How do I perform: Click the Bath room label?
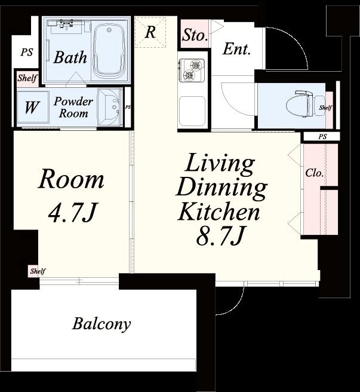pyautogui.click(x=70, y=57)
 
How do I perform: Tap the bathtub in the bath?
pyautogui.click(x=109, y=50)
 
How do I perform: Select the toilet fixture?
pyautogui.click(x=305, y=103)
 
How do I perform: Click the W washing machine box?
pyautogui.click(x=33, y=107)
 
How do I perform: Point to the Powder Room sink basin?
pyautogui.click(x=109, y=107)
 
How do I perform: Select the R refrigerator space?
pyautogui.click(x=150, y=32)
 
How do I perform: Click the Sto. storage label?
pyautogui.click(x=195, y=35)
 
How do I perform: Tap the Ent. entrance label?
pyautogui.click(x=236, y=49)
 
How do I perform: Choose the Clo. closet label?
pyautogui.click(x=314, y=173)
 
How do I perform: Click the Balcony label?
pyautogui.click(x=101, y=324)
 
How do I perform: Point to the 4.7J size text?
pyautogui.click(x=72, y=212)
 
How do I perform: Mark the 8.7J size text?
pyautogui.click(x=220, y=236)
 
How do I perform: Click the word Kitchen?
pyautogui.click(x=219, y=212)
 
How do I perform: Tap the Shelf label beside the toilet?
pyautogui.click(x=325, y=108)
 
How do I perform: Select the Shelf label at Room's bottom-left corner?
pyautogui.click(x=38, y=271)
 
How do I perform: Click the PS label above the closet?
pyautogui.click(x=322, y=137)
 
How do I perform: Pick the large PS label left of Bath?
pyautogui.click(x=27, y=52)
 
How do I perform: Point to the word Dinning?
pyautogui.click(x=221, y=188)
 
